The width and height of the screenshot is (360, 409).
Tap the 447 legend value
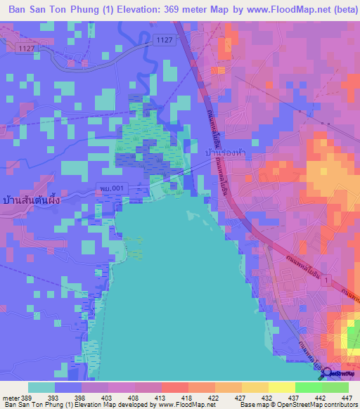point(347,397)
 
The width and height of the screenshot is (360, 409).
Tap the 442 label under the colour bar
point(321,397)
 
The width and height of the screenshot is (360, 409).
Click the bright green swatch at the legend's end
point(335,387)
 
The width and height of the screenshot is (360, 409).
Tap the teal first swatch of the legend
point(41,387)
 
